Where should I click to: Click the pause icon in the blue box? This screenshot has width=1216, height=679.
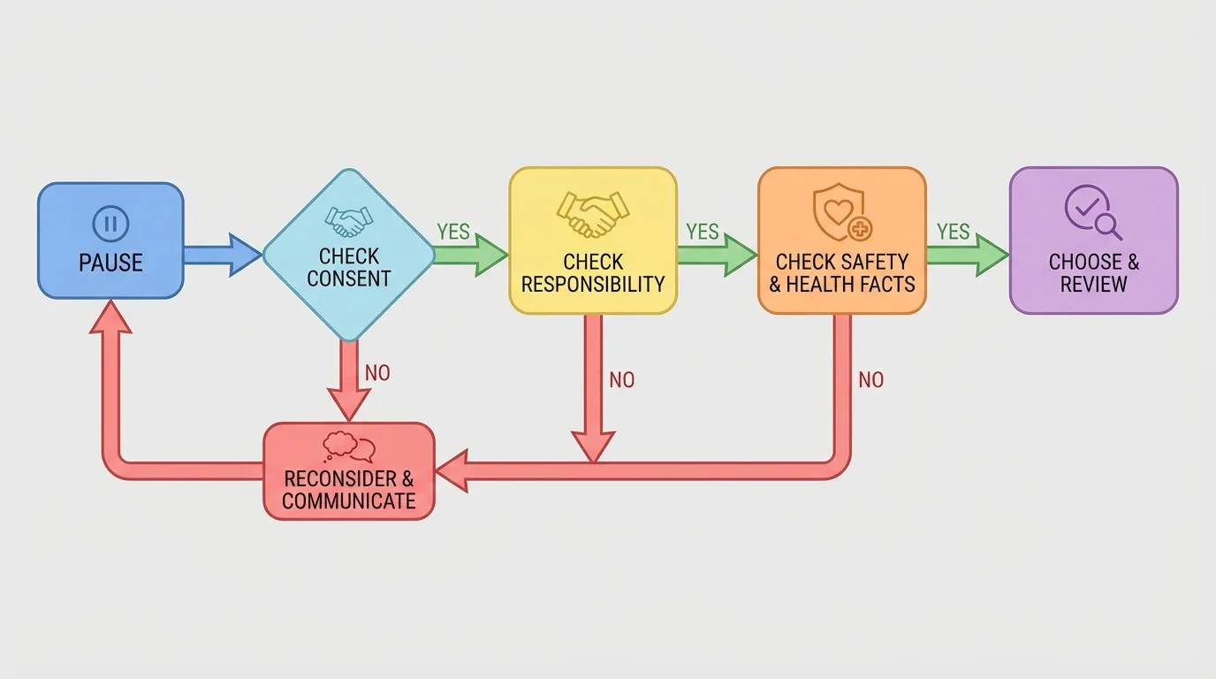coord(110,224)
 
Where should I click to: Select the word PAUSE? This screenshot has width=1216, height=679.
coord(110,263)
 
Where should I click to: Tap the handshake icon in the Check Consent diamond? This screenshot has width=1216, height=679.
coord(348,221)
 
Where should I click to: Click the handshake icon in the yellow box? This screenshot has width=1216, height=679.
coord(593,215)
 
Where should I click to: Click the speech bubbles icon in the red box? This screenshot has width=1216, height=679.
coord(349,446)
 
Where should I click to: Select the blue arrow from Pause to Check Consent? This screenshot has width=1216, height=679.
coord(222,255)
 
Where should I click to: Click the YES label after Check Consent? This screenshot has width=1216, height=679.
coord(453,232)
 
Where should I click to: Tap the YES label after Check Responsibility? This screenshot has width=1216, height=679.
coord(703,232)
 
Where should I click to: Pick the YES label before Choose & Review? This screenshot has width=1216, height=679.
coord(954,232)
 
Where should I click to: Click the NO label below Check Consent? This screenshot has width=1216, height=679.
coord(377,373)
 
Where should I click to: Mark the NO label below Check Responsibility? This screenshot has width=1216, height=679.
coord(622,380)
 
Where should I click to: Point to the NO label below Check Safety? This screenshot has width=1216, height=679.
coord(870,380)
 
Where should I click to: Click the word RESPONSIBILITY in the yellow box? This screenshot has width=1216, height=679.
coord(593,284)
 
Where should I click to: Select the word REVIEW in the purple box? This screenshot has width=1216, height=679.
coord(1094,284)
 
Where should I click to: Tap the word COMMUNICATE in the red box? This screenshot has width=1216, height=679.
coord(349,501)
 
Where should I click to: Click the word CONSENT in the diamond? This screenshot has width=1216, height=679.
coord(349,278)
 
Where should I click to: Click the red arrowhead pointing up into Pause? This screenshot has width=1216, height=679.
coord(110,317)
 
